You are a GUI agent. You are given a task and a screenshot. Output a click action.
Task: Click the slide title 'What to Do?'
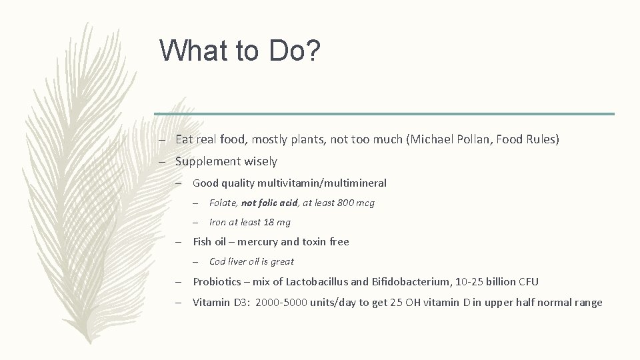[240, 51]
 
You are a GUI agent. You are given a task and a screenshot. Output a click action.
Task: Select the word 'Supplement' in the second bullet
[203, 161]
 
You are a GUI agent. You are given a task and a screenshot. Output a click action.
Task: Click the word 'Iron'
[218, 223]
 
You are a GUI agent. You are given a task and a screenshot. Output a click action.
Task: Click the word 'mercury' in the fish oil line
[259, 242]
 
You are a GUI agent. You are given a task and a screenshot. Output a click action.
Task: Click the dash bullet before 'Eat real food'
[162, 141]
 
